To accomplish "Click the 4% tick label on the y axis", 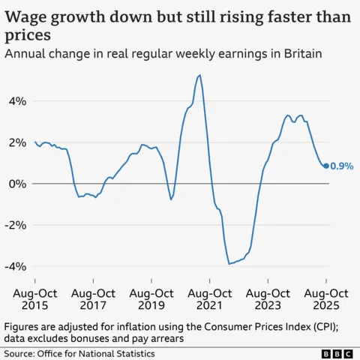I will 16,101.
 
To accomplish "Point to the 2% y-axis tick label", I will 16,142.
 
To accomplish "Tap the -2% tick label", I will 14,225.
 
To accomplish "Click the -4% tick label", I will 14,266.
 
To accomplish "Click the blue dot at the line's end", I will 325,166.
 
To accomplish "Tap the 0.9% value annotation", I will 341,166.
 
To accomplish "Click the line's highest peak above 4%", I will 199,75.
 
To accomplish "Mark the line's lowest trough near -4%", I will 229,263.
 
